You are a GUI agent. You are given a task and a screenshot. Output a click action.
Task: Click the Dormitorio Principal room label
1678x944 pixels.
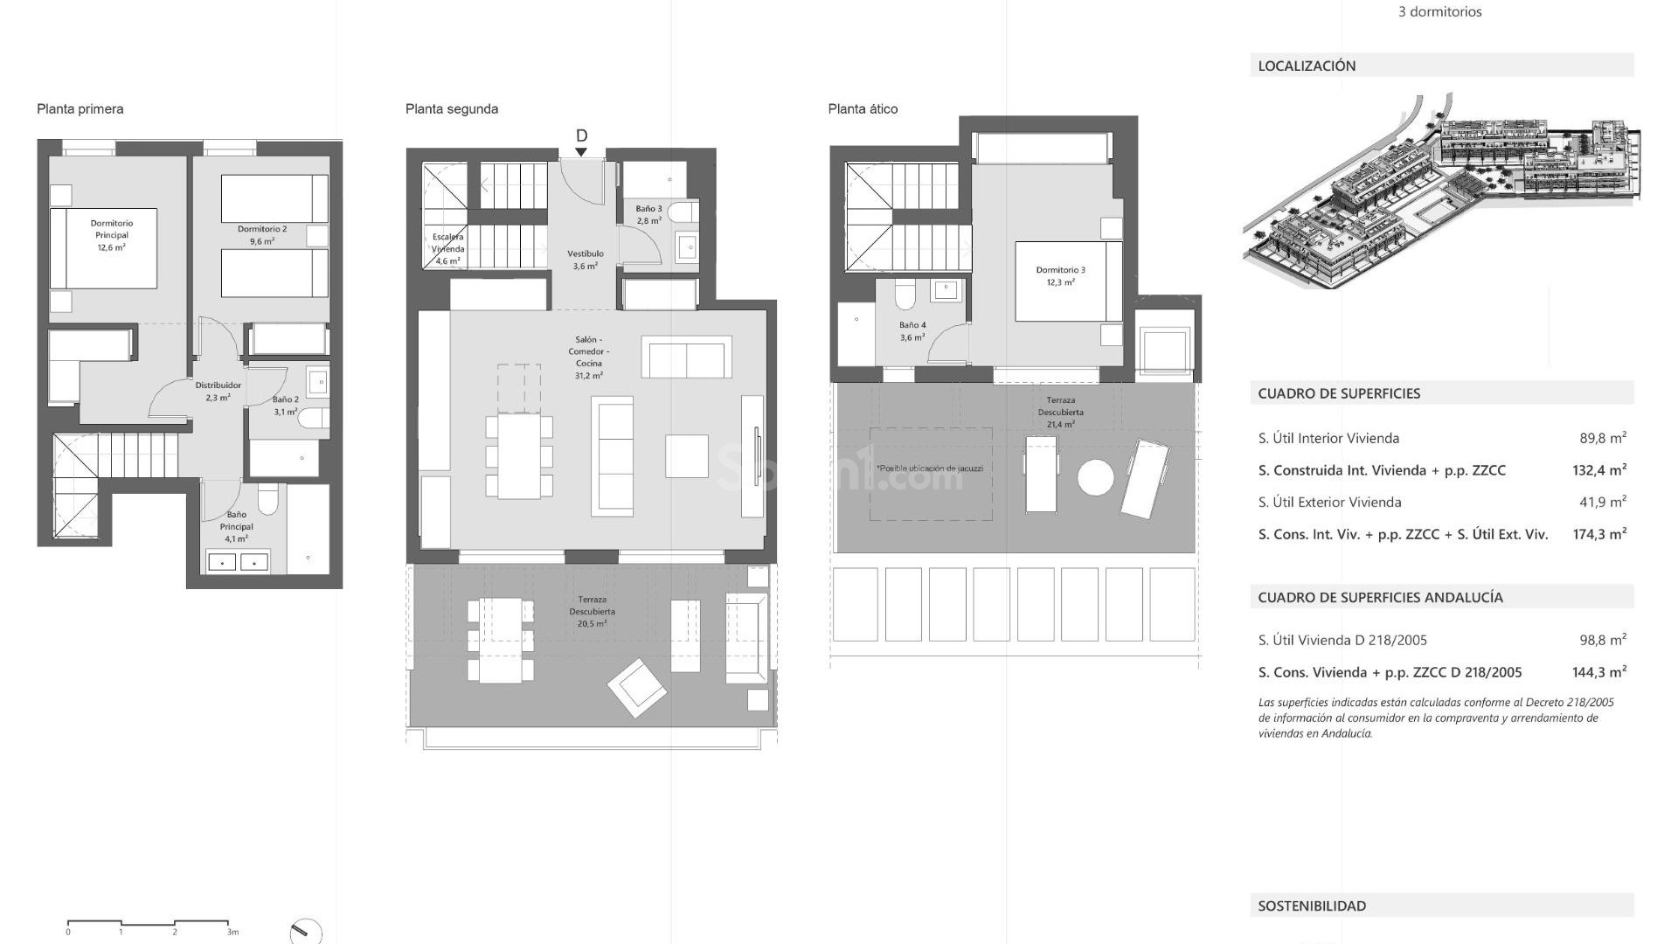(x=111, y=235)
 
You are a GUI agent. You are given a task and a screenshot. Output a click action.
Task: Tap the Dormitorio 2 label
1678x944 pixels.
(x=262, y=235)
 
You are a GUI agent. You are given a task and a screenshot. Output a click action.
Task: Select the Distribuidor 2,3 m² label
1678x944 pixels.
(x=218, y=391)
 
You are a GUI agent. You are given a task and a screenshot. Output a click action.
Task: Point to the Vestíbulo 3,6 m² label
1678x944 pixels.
(x=586, y=260)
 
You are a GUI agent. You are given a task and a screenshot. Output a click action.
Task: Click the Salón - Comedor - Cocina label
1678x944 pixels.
(x=588, y=357)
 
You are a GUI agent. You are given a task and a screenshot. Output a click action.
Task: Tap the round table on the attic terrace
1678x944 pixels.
(x=1095, y=477)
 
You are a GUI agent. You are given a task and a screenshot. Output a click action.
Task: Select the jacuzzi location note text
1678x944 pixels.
(x=930, y=469)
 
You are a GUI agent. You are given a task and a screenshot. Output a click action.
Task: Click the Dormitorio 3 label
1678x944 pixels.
(x=1060, y=276)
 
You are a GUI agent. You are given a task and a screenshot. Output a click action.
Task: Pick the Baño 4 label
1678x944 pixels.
(x=912, y=330)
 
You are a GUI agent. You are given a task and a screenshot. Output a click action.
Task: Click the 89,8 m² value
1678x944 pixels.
(x=1602, y=438)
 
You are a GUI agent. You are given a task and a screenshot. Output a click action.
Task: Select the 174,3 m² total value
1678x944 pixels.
(x=1598, y=534)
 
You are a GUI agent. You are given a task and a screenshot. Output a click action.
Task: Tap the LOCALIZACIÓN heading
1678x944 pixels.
(x=1307, y=66)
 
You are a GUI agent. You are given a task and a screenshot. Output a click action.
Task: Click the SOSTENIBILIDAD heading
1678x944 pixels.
(x=1311, y=906)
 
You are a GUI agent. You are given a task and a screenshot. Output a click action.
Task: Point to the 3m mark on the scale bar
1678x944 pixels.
(x=232, y=932)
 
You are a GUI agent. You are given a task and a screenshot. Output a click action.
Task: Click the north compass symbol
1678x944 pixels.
(x=305, y=931)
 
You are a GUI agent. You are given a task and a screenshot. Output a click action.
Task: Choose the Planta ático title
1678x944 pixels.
(x=863, y=109)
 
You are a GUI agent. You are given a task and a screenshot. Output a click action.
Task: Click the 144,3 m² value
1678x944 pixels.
(x=1598, y=672)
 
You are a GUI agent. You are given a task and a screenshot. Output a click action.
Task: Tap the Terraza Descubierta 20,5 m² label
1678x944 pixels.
(x=592, y=612)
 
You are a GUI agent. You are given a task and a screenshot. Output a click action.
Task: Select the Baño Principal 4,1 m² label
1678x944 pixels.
(x=236, y=526)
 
